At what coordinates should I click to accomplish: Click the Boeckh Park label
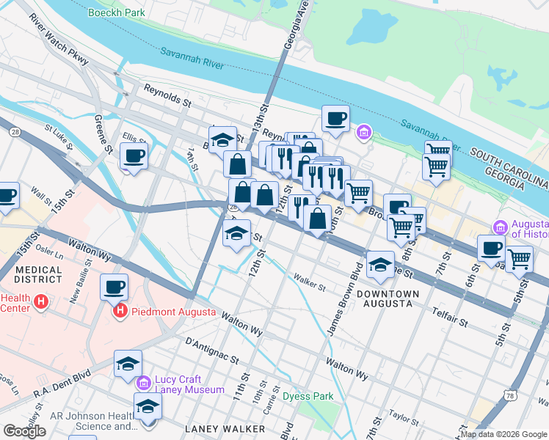click(x=116, y=12)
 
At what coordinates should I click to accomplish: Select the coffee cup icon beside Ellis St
click(x=134, y=156)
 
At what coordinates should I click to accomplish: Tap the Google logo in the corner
click(x=24, y=431)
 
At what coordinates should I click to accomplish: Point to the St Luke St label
click(x=58, y=137)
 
